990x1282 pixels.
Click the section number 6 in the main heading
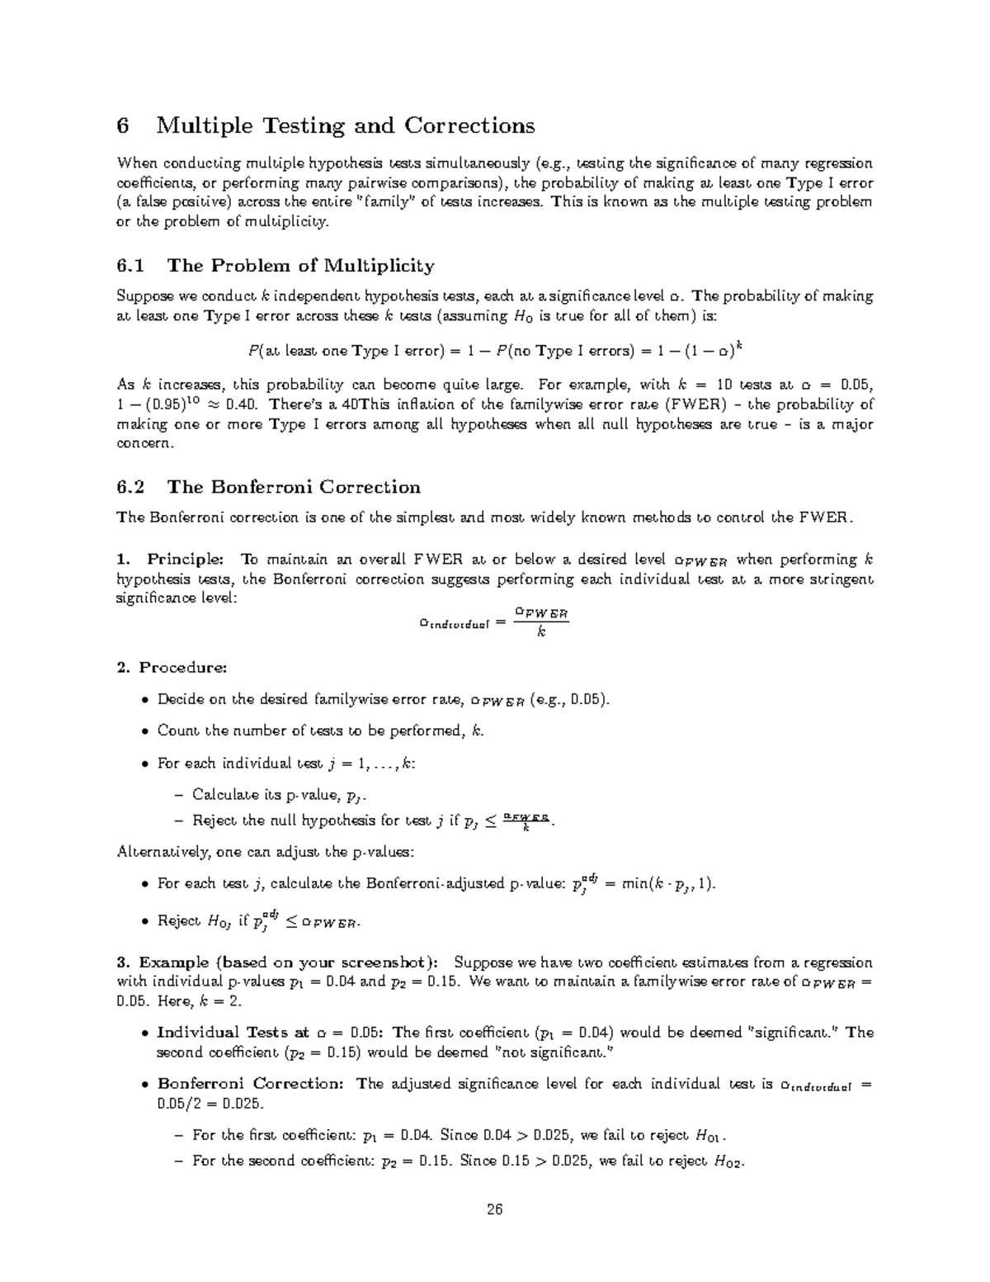[123, 126]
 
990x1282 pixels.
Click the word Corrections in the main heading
[469, 126]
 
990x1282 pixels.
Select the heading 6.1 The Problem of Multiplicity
[276, 266]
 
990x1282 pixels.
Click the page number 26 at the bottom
[494, 1210]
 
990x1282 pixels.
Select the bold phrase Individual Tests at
[233, 1033]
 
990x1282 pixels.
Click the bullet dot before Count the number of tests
[145, 731]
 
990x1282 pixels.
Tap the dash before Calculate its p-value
[180, 795]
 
